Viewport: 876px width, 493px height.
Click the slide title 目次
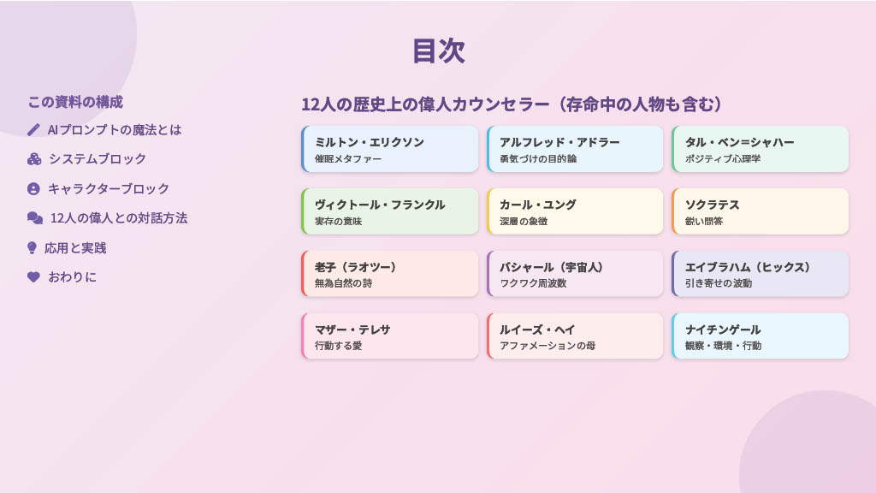coord(439,50)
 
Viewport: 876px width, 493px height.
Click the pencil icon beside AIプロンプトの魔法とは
coord(33,130)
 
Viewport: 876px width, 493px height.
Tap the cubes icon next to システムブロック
coord(34,159)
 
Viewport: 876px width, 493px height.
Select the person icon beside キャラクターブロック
coord(33,189)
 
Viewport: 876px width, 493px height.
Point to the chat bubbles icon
coord(35,218)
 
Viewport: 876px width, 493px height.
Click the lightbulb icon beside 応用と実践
coord(32,247)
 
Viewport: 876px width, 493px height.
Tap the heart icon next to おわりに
coord(33,276)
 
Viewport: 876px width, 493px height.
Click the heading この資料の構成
coord(75,103)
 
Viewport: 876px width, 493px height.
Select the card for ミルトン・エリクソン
coord(390,149)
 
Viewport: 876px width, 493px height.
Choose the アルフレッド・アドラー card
coord(575,149)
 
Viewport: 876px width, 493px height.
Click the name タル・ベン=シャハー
coord(740,143)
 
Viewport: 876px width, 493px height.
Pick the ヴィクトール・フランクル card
coord(390,211)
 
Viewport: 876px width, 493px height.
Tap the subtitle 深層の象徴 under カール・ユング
coord(524,222)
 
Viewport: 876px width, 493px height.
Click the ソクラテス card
coord(761,211)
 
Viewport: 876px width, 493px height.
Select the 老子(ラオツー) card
coord(390,274)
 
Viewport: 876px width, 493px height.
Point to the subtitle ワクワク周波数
coord(533,283)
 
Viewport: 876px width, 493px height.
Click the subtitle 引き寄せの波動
coord(719,283)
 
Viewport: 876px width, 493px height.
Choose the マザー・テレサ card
coord(390,336)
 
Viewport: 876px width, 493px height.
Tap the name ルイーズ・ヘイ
coord(537,330)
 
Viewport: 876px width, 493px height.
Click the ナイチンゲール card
coord(761,336)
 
